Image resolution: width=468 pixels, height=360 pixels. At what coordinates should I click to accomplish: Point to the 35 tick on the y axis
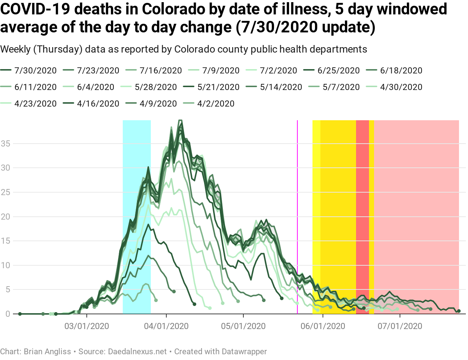6,144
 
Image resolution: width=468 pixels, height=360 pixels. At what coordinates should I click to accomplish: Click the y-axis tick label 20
6,217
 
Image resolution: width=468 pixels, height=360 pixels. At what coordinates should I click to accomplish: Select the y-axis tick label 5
8,290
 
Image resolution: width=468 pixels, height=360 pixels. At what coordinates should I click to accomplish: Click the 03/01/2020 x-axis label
86,327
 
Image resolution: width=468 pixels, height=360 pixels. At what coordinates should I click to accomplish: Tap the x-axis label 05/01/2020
243,327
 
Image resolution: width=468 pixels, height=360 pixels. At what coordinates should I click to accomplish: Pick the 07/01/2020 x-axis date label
400,327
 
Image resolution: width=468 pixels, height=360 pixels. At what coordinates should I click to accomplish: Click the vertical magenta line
297,216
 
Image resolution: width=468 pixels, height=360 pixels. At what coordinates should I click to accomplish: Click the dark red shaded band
363,216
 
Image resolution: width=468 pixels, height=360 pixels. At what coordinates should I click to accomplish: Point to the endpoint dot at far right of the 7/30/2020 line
459,311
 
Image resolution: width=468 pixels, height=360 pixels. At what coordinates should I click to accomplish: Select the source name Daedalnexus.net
137,352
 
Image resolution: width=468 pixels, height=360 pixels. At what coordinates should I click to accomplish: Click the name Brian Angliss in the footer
47,352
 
